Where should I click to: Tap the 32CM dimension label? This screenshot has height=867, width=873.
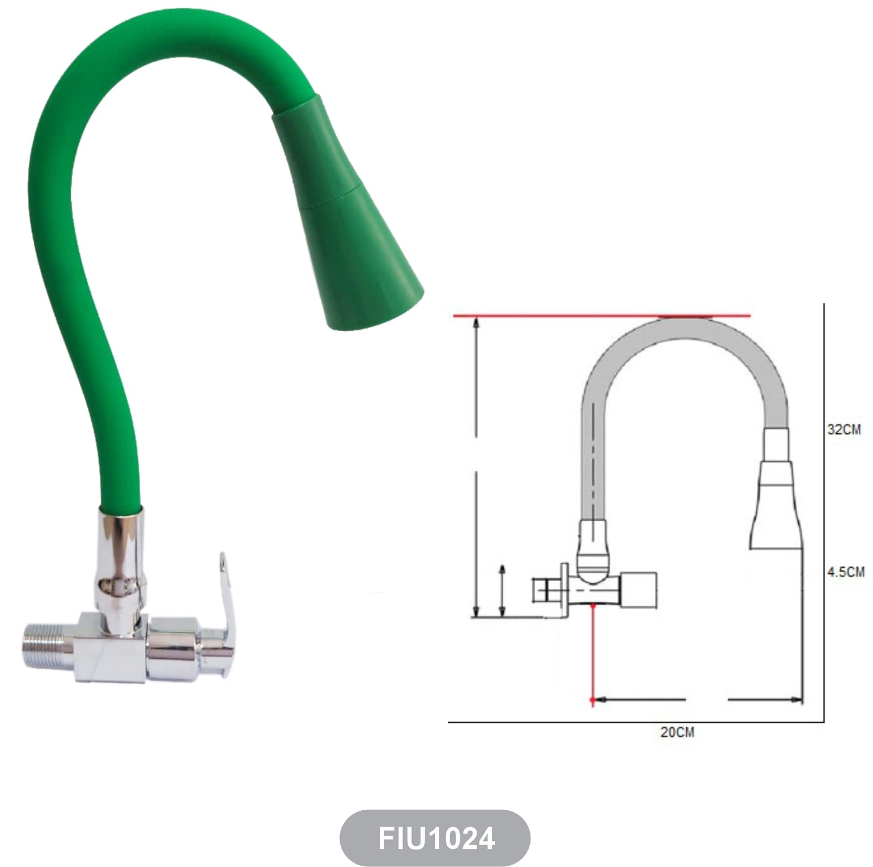pyautogui.click(x=844, y=429)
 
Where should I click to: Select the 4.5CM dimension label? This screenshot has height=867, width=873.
pyautogui.click(x=846, y=572)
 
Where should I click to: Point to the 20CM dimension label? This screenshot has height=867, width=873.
pyautogui.click(x=677, y=732)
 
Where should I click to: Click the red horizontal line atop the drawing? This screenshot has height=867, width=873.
pyautogui.click(x=602, y=316)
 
